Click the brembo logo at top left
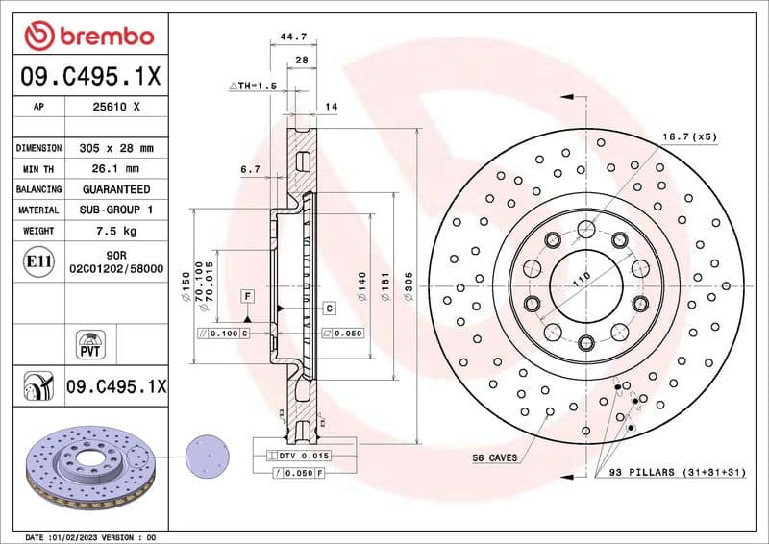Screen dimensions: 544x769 pos(88,35)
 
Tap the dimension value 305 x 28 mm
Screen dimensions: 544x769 pos(116,149)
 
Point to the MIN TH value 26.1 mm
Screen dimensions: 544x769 pos(116,169)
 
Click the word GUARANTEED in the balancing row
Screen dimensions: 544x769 pos(116,189)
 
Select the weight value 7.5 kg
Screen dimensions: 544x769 pos(116,231)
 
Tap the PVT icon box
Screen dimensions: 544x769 pos(89,344)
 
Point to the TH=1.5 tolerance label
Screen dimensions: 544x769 pos(252,87)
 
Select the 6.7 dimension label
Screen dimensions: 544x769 pos(250,169)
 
